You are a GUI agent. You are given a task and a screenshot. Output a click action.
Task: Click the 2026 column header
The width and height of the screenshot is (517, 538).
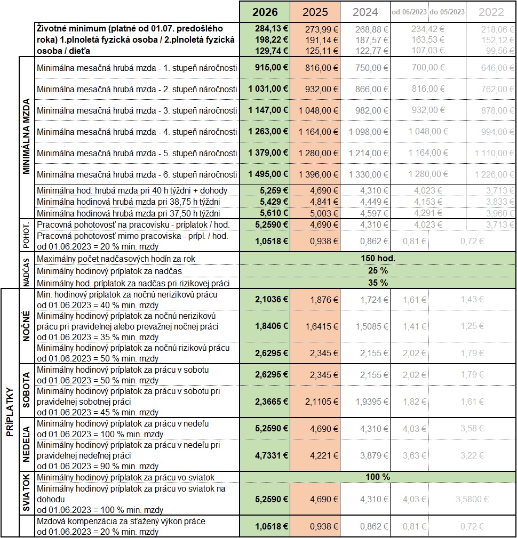click(x=265, y=12)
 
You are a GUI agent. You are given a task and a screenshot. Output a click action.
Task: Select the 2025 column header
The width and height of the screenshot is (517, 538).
click(x=315, y=12)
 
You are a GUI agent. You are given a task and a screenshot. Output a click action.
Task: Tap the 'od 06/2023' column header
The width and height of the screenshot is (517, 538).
click(x=409, y=12)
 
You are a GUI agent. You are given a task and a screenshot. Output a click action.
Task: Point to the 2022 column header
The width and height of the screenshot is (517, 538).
click(x=491, y=12)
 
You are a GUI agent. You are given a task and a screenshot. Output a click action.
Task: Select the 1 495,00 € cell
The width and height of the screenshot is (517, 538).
click(x=268, y=174)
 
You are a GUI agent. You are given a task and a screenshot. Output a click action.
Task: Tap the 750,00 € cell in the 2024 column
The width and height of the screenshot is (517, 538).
click(x=372, y=68)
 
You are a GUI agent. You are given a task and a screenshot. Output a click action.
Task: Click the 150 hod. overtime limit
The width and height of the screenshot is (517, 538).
click(x=378, y=259)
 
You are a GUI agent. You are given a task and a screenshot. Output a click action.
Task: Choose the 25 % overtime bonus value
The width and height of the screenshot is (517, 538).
click(x=378, y=270)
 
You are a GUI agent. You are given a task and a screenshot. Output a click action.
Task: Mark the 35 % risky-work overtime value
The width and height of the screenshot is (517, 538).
click(x=378, y=283)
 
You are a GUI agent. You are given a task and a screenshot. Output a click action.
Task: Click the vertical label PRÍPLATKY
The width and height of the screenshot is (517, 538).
click(x=9, y=411)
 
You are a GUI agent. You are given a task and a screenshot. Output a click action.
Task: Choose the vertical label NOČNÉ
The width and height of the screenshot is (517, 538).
click(x=26, y=326)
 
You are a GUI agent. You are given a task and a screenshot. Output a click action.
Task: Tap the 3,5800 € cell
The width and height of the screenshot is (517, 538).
click(x=470, y=499)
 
